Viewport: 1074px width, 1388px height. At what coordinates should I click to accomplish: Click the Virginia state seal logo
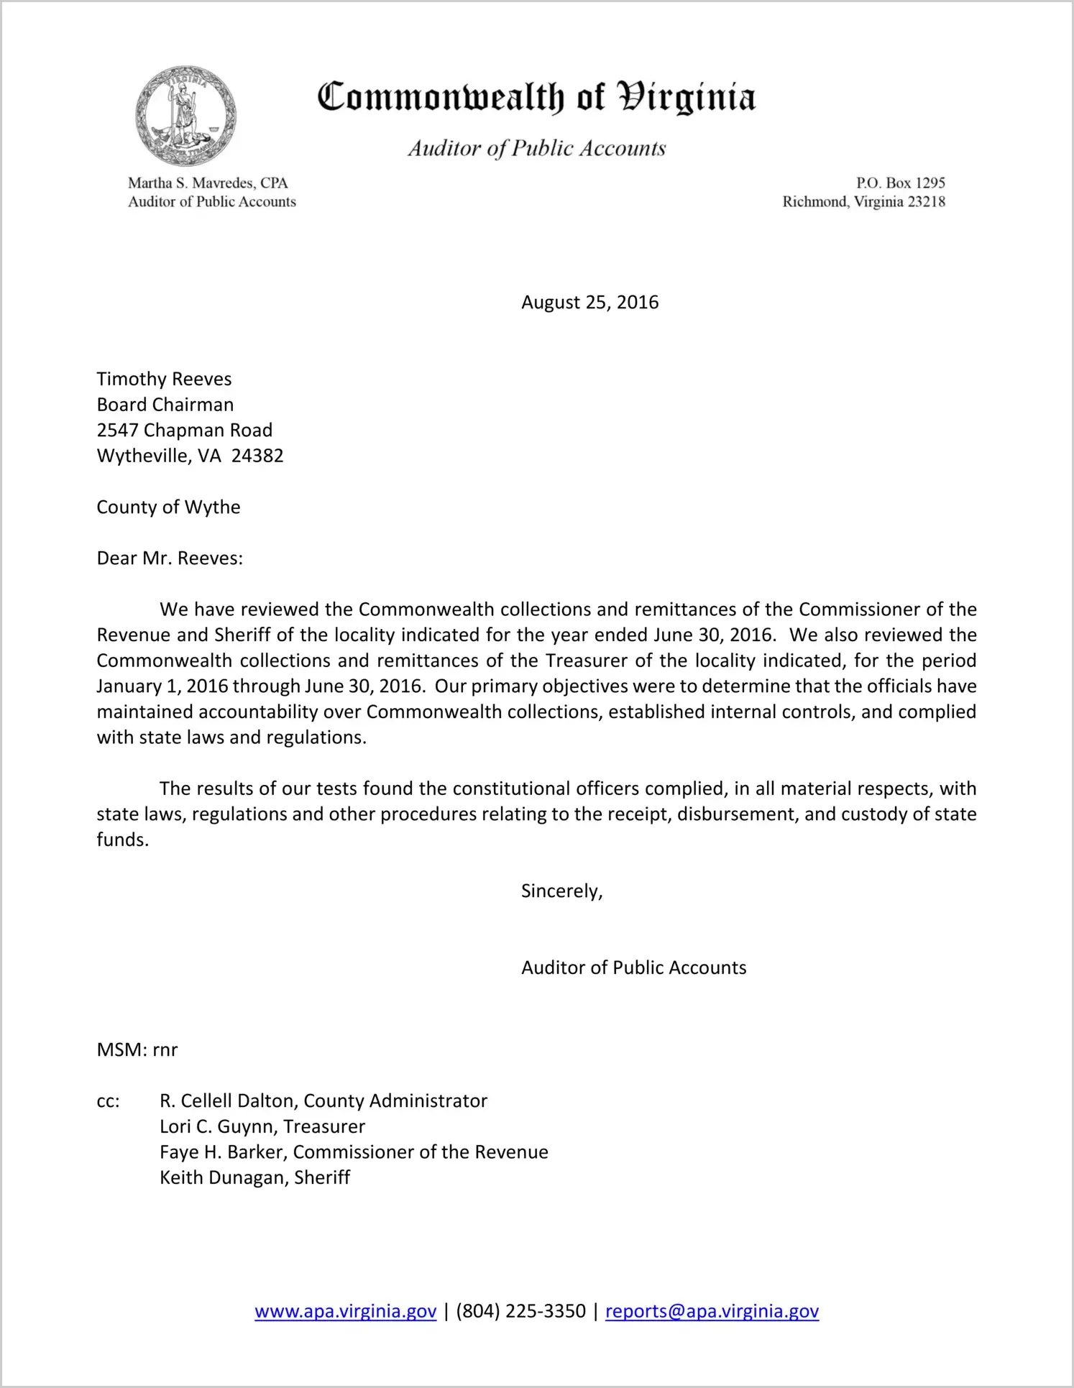(185, 116)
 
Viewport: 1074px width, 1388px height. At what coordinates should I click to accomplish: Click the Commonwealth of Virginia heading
(536, 98)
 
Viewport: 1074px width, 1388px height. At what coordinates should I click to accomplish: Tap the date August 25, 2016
(589, 302)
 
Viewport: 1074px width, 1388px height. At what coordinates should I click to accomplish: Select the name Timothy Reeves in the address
(164, 379)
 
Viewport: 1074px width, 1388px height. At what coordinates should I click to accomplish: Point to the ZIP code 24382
(257, 456)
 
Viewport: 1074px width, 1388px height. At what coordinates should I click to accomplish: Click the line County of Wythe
(168, 507)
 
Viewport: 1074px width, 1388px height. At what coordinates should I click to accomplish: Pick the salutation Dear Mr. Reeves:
(170, 558)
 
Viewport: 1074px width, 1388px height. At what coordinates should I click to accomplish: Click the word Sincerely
(561, 891)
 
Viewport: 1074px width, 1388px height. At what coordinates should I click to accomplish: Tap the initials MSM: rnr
(137, 1049)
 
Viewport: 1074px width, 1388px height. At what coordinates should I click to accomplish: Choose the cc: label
(108, 1101)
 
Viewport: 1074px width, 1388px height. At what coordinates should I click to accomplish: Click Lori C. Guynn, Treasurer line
(262, 1126)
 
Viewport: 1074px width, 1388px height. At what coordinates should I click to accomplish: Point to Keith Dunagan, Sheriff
(254, 1177)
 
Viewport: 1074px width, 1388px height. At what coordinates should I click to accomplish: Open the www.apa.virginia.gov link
(345, 1311)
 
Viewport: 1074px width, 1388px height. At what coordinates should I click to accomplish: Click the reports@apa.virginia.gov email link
(712, 1311)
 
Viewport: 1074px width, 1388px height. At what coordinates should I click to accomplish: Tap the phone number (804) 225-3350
(520, 1311)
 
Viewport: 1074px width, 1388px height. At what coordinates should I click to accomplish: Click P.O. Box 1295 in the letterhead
(900, 183)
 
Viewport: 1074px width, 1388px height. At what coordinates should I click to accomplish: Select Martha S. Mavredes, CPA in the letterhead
(208, 183)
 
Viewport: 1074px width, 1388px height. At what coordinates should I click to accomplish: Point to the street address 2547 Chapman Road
(184, 430)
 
